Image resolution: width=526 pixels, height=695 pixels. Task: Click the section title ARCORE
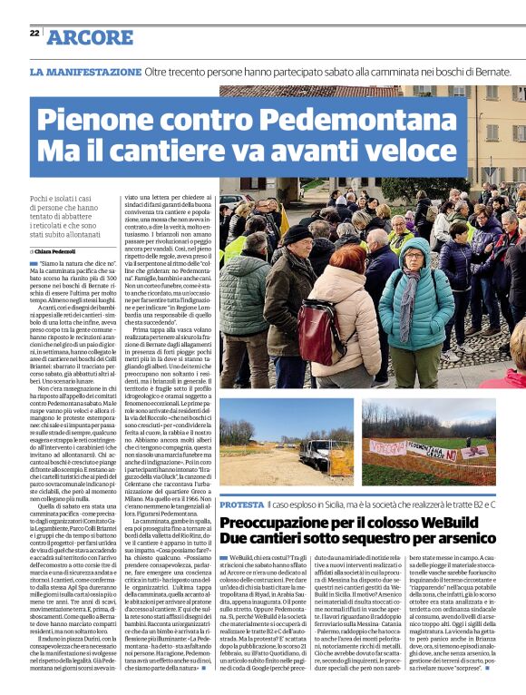coord(89,37)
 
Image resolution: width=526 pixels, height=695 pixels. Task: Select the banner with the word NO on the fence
coord(426,449)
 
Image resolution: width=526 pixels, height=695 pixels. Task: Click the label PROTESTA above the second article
coord(241,503)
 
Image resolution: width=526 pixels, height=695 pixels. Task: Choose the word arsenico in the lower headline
coord(475,542)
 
